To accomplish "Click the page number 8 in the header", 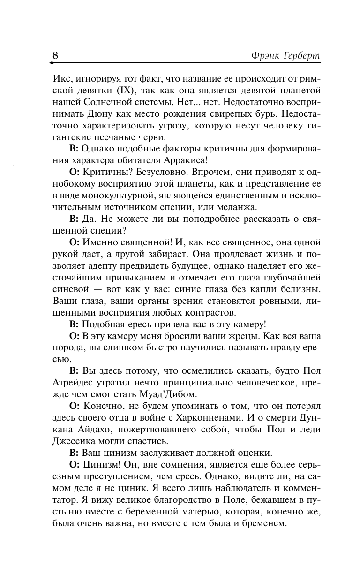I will (x=55, y=54).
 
